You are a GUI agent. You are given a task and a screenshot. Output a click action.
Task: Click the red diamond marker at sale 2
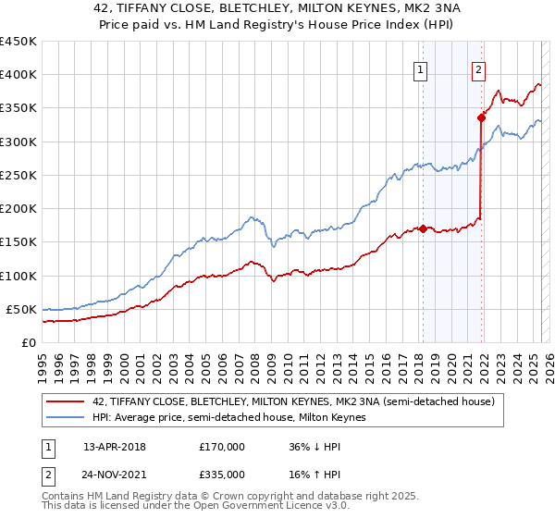click(481, 117)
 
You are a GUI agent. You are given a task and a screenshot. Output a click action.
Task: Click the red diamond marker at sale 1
click(423, 228)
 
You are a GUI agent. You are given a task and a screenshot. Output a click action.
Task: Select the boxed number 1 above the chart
click(421, 68)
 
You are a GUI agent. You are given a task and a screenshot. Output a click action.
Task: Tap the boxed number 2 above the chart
click(478, 68)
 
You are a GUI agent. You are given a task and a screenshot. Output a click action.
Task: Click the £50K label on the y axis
click(22, 309)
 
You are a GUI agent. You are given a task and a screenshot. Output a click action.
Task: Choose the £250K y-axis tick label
click(18, 175)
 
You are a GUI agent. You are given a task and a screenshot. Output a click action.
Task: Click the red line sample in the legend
click(66, 401)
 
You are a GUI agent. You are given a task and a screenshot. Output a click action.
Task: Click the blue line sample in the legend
click(66, 417)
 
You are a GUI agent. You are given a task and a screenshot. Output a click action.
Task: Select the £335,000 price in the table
click(221, 475)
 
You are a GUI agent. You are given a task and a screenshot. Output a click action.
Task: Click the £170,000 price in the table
click(221, 446)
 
